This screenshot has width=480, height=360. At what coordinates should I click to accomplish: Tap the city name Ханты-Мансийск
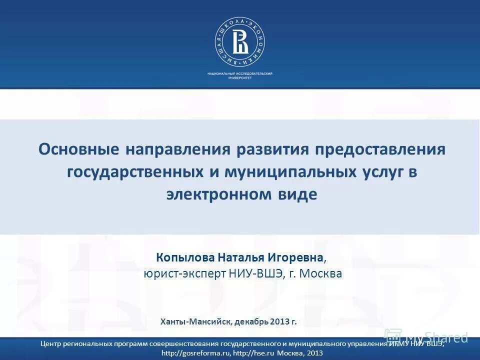[x=195, y=321]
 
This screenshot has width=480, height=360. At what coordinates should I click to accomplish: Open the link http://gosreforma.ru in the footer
[x=195, y=353]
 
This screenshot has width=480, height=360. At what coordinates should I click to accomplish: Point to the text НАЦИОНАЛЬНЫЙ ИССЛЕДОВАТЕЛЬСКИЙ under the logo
[x=240, y=74]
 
